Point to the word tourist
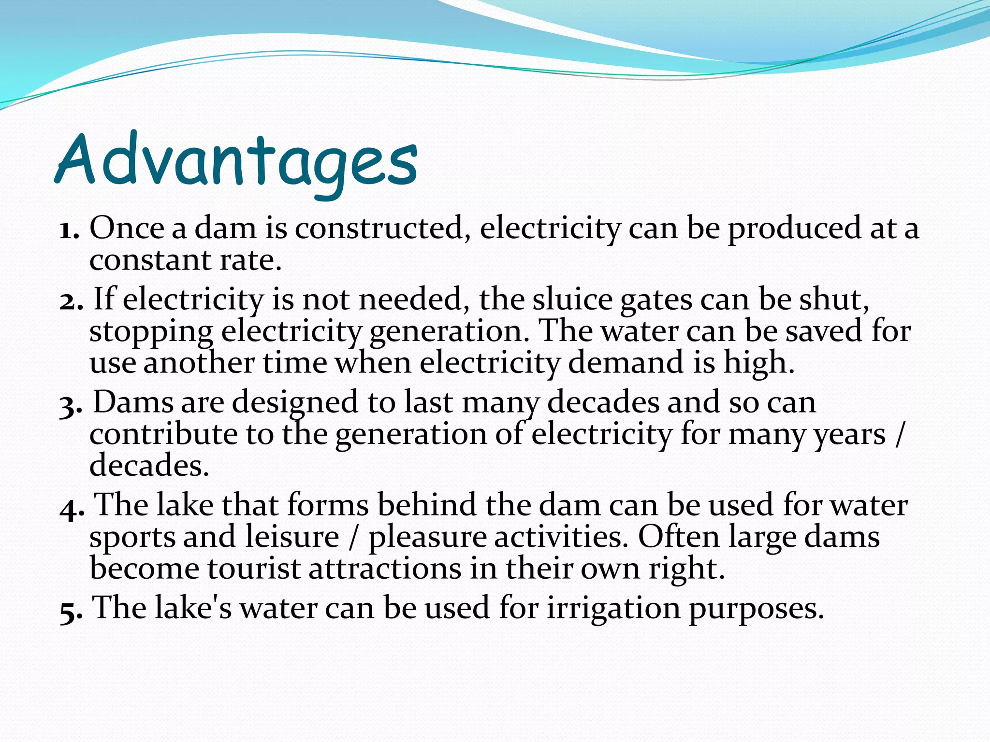tap(254, 569)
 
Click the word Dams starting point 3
tap(133, 402)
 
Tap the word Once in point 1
tap(127, 228)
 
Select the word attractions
tap(385, 569)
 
